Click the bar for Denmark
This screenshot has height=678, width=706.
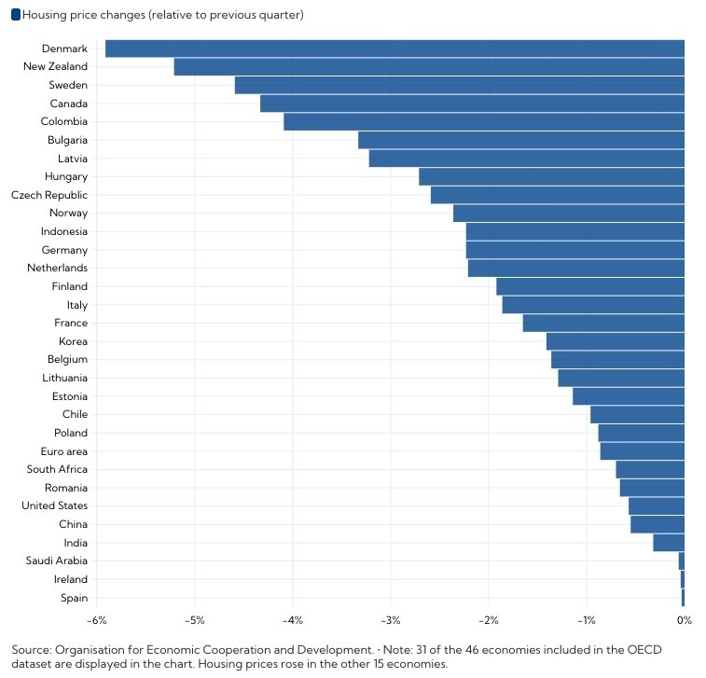395,48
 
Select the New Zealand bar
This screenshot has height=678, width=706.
429,67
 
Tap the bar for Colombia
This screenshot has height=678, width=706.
484,122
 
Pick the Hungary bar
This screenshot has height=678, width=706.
551,177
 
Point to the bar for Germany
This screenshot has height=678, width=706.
574,250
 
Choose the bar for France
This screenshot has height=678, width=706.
603,324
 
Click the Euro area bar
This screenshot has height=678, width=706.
642,451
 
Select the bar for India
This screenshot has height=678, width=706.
669,543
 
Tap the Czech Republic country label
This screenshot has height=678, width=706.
49,196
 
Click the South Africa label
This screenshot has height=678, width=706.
57,470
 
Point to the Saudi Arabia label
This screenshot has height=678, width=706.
57,561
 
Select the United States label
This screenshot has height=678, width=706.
54,506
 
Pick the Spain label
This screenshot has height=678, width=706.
74,598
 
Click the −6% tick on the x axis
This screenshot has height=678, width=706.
96,620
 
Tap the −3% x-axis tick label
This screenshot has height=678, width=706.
390,620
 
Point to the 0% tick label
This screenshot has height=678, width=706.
684,620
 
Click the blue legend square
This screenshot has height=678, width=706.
15,15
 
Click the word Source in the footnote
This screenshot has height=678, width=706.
32,649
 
